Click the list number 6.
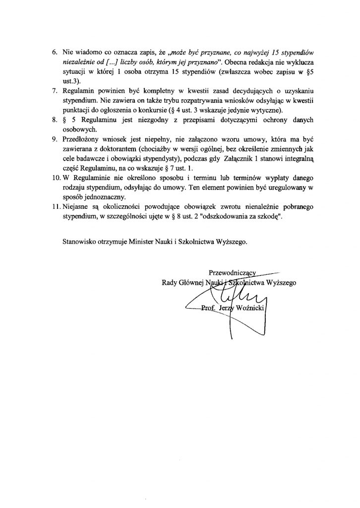click(x=55, y=52)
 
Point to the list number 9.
click(x=55, y=140)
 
